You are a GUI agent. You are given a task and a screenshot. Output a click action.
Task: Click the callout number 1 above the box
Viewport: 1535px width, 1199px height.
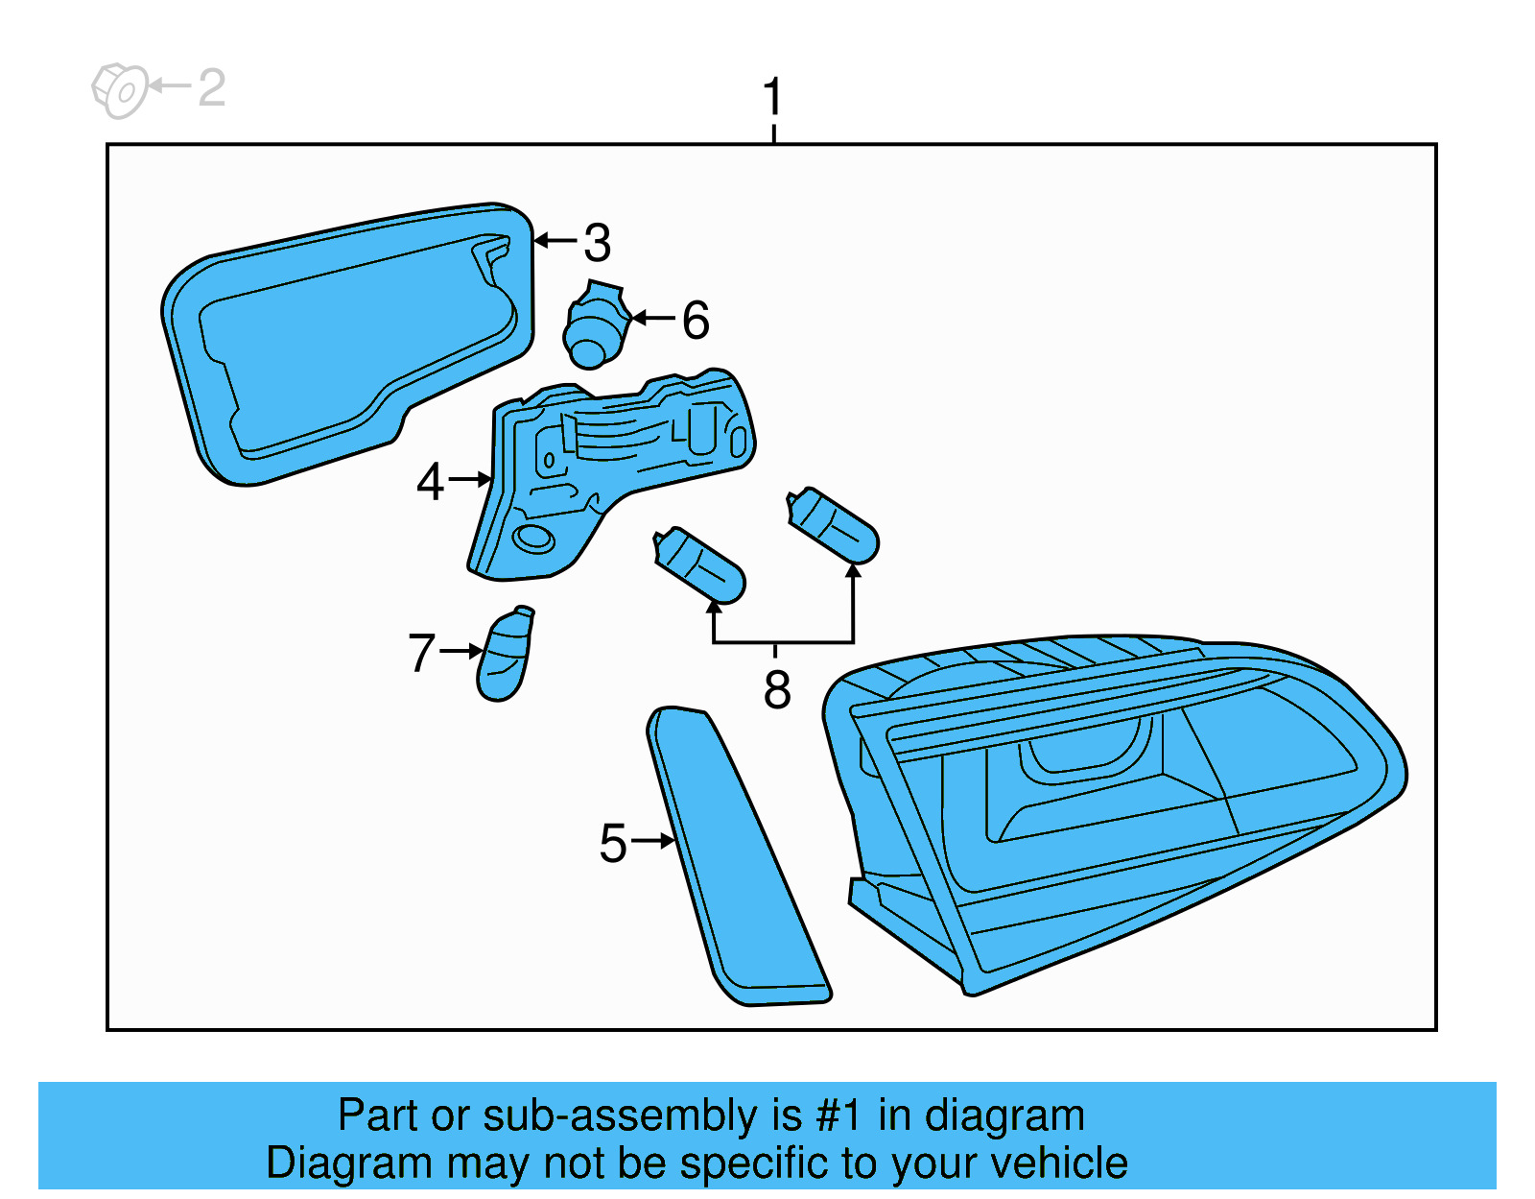[772, 98]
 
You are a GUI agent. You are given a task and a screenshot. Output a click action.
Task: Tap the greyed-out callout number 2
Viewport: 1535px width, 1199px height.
[211, 88]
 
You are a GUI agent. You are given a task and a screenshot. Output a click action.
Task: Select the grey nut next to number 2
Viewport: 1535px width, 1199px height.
[119, 90]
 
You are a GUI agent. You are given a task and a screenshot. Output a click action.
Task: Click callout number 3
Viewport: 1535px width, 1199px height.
[597, 243]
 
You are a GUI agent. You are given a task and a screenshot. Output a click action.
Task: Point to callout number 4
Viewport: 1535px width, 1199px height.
[430, 481]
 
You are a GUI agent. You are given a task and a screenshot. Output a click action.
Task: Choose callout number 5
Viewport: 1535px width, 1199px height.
[612, 843]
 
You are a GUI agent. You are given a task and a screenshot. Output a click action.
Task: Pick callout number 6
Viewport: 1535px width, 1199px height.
[696, 320]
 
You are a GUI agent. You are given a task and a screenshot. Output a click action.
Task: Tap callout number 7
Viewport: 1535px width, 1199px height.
[421, 653]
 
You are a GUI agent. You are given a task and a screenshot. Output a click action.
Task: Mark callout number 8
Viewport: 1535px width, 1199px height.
[777, 689]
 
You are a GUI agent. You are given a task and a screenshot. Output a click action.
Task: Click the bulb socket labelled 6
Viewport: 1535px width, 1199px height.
[595, 326]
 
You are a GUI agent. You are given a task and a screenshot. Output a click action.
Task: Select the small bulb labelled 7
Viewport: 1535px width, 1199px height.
[504, 656]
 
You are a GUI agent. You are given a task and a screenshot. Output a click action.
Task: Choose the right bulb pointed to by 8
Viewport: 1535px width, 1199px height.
[833, 525]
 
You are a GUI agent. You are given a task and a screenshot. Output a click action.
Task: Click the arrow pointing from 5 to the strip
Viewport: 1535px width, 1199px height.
[654, 841]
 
